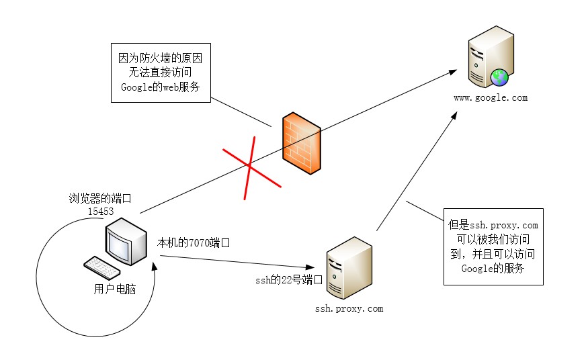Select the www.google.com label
click(x=490, y=97)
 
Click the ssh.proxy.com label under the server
click(x=349, y=308)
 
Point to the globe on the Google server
click(x=499, y=78)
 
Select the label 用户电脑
click(x=115, y=289)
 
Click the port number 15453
click(x=100, y=211)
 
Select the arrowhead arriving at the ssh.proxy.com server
click(x=319, y=267)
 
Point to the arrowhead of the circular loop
click(x=157, y=271)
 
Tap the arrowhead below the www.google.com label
click(x=454, y=117)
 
